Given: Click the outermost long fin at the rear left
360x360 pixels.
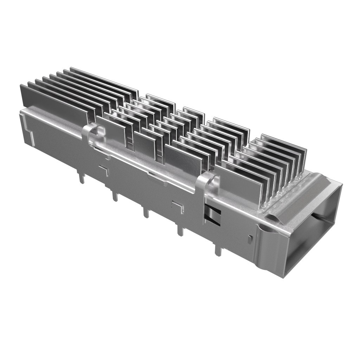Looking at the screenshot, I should (x=53, y=102).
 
